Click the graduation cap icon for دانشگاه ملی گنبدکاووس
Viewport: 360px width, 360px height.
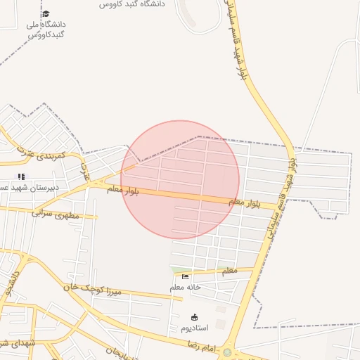pyautogui.click(x=46, y=13)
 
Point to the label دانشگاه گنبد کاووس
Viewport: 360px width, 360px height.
pyautogui.click(x=131, y=4)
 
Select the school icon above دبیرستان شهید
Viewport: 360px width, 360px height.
pyautogui.click(x=21, y=176)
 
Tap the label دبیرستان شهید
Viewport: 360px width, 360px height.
pyautogui.click(x=35, y=188)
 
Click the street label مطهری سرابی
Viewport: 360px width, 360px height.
pyautogui.click(x=56, y=212)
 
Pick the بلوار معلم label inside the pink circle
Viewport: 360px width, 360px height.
pyautogui.click(x=123, y=190)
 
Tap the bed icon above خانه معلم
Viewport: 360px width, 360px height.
pyautogui.click(x=185, y=276)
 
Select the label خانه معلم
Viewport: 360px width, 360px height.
pyautogui.click(x=185, y=287)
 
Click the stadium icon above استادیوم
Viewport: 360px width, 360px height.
pyautogui.click(x=195, y=317)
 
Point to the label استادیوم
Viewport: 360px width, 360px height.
pyautogui.click(x=195, y=328)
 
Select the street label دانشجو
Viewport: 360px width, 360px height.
pyautogui.click(x=10, y=282)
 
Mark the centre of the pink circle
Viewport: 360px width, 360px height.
pyautogui.click(x=180, y=180)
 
